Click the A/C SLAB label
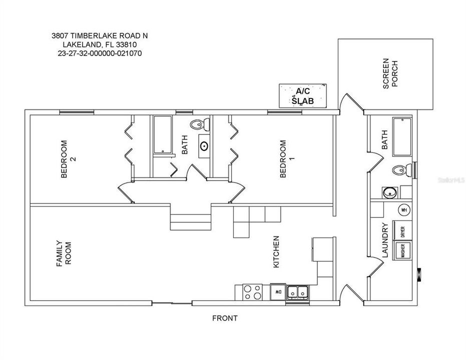click(302, 96)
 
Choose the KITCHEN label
click(276, 252)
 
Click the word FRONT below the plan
click(225, 318)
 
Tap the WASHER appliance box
click(402, 250)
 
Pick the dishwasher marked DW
click(277, 290)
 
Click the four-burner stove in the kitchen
click(252, 291)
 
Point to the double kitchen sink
click(298, 291)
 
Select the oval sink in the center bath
click(205, 146)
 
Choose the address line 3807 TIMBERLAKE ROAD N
click(100, 35)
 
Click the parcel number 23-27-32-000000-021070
click(100, 52)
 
